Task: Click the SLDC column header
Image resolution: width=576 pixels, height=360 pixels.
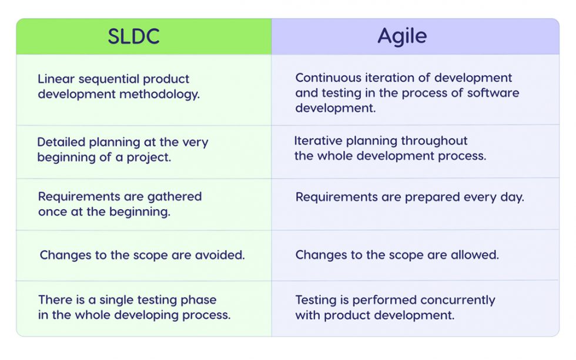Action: coord(133,36)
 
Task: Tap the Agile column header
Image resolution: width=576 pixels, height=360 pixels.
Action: coord(402,36)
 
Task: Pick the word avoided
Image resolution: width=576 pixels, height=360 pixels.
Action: coord(220,255)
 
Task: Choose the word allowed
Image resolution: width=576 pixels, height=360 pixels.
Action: coord(474,255)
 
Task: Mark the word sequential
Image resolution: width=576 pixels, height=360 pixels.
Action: coord(111,79)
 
